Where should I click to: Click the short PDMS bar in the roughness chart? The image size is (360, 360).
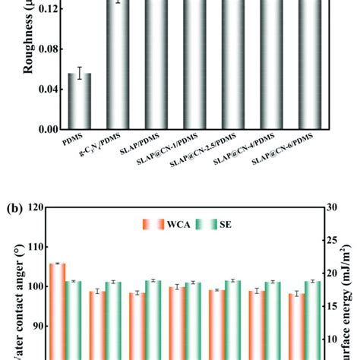pos(80,103)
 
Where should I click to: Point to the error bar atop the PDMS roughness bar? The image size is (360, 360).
pos(80,73)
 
